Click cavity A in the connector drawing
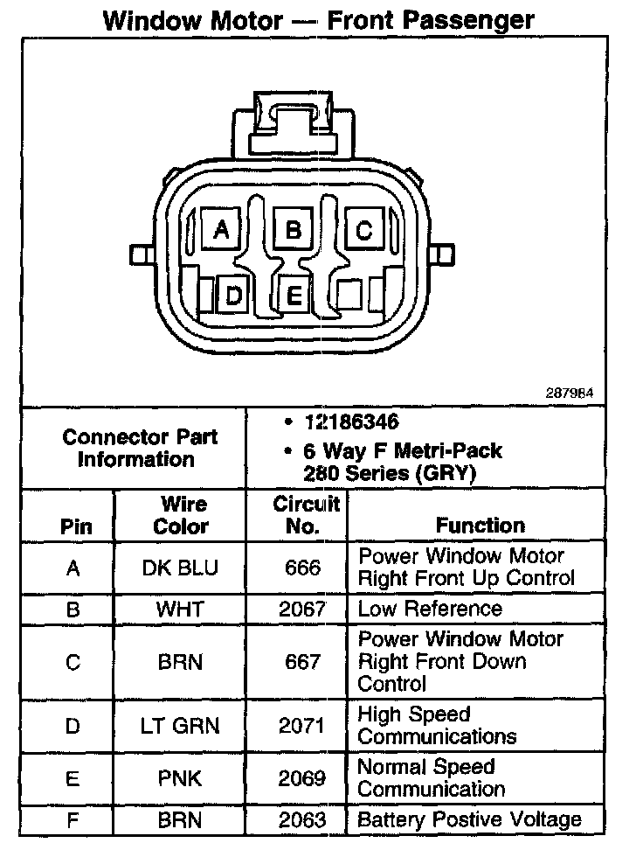click(222, 230)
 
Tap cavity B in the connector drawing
click(294, 230)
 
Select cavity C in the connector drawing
click(364, 230)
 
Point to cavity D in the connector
click(233, 296)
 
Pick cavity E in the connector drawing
click(294, 296)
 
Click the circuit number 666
click(302, 568)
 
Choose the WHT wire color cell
click(180, 609)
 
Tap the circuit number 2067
click(302, 609)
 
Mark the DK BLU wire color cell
click(180, 568)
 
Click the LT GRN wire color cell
click(180, 725)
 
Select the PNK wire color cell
click(180, 777)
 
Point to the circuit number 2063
click(302, 819)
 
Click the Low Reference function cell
click(430, 609)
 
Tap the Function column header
click(481, 526)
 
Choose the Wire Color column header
click(181, 515)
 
